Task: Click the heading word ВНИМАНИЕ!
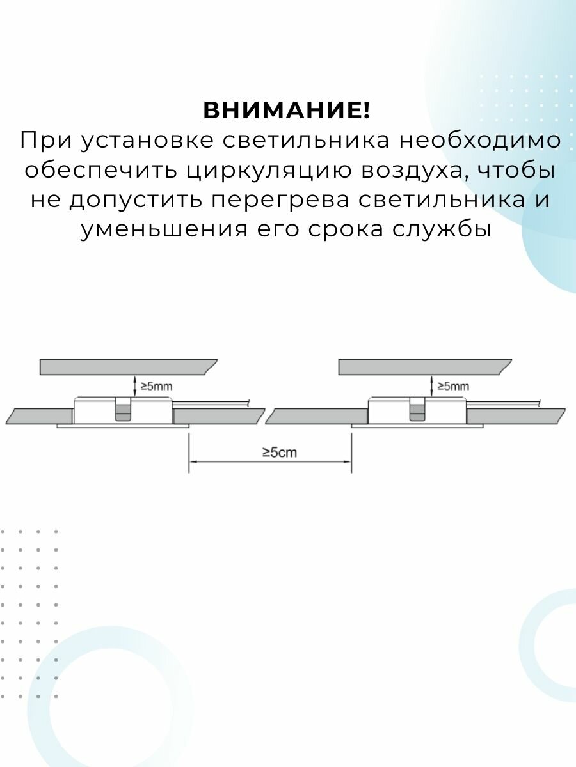pyautogui.click(x=287, y=111)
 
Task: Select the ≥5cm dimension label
pyautogui.click(x=280, y=453)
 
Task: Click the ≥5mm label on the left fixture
pyautogui.click(x=156, y=386)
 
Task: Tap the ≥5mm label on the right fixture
pyautogui.click(x=453, y=386)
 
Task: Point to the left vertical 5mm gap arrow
pyautogui.click(x=134, y=385)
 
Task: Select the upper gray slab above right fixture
pyautogui.click(x=422, y=366)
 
